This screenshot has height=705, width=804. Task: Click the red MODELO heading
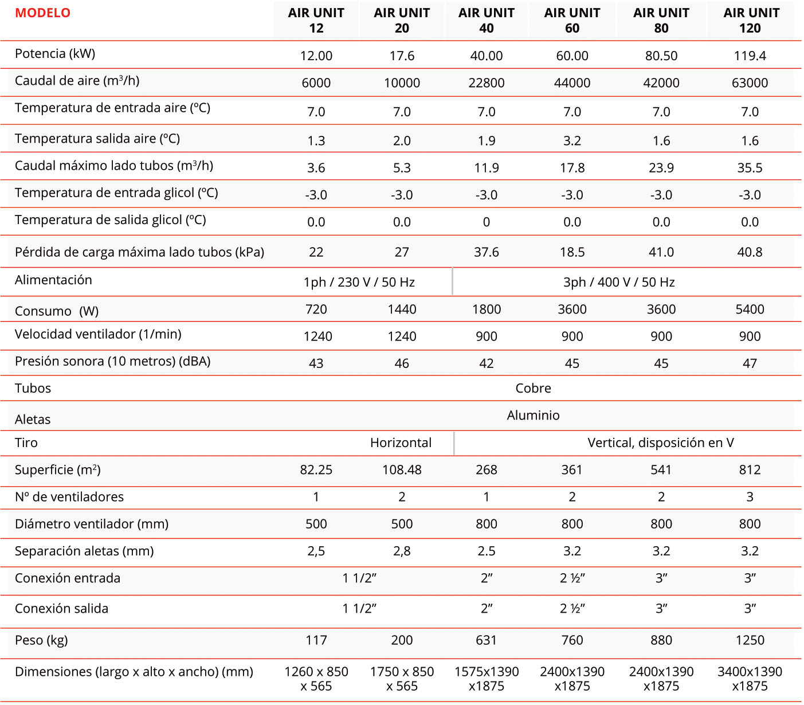click(x=42, y=13)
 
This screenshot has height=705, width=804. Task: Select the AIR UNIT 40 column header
click(x=486, y=20)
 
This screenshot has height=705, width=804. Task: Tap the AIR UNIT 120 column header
click(x=751, y=20)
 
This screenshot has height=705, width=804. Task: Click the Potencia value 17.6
click(x=402, y=56)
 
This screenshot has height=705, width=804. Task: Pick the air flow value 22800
click(x=486, y=83)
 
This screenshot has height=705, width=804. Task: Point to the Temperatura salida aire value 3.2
click(x=572, y=140)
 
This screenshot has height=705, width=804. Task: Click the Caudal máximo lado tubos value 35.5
click(x=750, y=167)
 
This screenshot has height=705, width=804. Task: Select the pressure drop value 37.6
click(x=486, y=252)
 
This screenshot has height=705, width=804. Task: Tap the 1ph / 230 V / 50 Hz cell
click(x=359, y=282)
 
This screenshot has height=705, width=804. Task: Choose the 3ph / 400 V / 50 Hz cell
click(x=619, y=282)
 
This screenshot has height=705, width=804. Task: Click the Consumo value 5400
click(x=750, y=310)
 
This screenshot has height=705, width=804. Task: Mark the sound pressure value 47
click(x=750, y=363)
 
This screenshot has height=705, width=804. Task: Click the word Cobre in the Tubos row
click(x=533, y=388)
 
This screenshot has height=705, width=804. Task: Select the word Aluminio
click(x=533, y=415)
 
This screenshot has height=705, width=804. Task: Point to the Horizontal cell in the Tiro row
click(x=401, y=442)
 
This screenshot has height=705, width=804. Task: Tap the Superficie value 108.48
click(x=402, y=469)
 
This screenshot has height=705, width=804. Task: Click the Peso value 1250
click(x=750, y=640)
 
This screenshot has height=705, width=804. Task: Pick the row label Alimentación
click(x=53, y=280)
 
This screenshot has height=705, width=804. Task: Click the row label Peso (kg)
click(x=41, y=640)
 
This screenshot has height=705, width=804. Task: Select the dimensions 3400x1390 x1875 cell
click(x=750, y=679)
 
